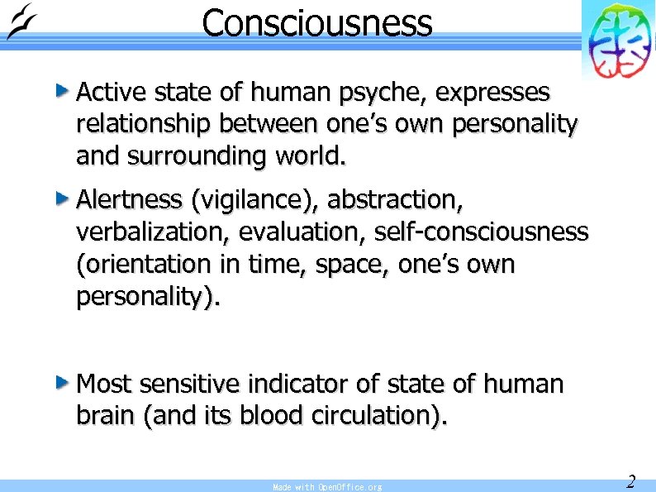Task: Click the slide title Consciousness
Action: (x=316, y=23)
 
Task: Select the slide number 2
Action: (x=630, y=481)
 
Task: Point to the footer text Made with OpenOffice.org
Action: (x=327, y=487)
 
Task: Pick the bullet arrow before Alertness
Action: (x=63, y=198)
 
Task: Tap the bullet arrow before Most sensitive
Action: (x=63, y=383)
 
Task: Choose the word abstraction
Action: (x=392, y=201)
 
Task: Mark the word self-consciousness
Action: (x=481, y=232)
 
